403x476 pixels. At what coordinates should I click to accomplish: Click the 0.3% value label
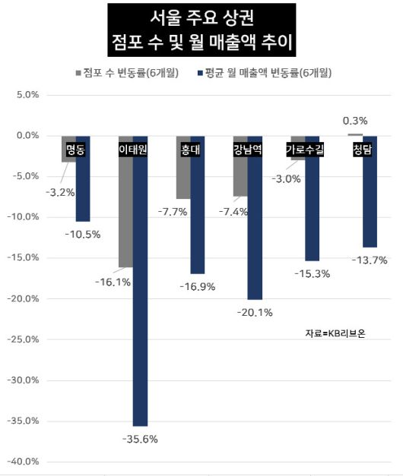[x=355, y=121]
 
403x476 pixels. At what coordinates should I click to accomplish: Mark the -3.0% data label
[x=287, y=178]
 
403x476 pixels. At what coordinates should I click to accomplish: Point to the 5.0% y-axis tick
[x=27, y=95]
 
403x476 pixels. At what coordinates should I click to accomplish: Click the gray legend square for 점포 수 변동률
[x=78, y=73]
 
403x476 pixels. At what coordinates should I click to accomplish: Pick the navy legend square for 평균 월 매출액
[x=199, y=73]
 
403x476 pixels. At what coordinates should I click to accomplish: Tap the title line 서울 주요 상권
[x=201, y=17]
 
